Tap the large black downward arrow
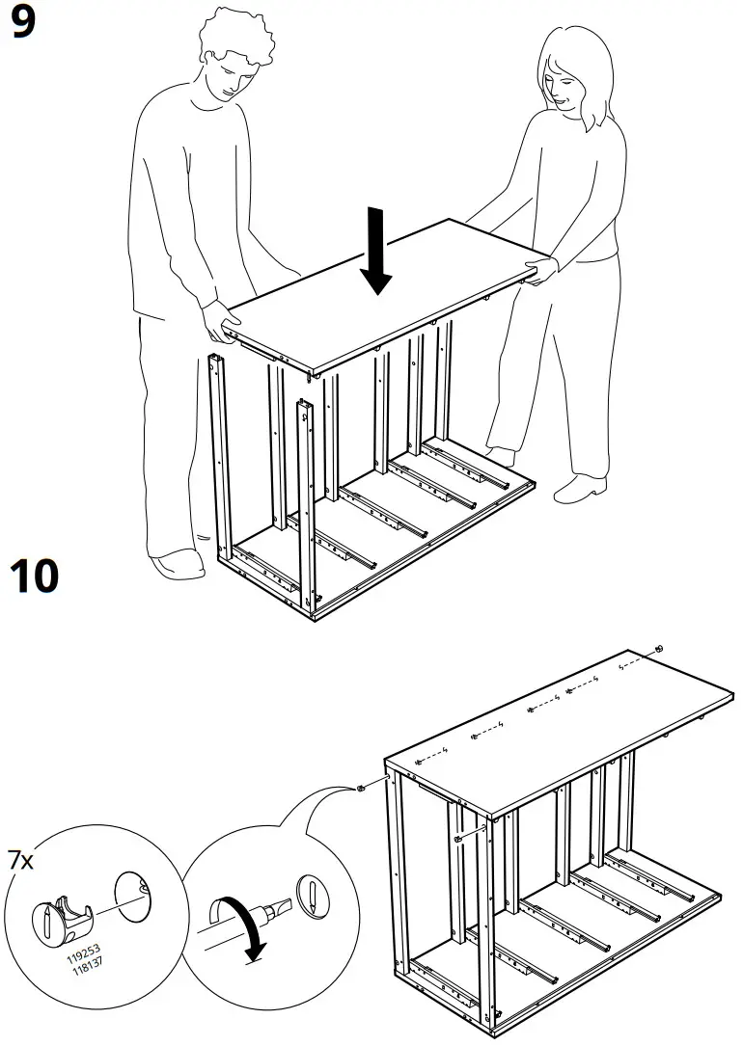click(x=376, y=254)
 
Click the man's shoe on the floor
click(x=178, y=563)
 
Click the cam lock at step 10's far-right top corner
click(x=657, y=647)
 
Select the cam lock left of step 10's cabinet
click(x=360, y=788)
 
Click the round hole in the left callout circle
click(x=136, y=892)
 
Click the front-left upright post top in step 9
click(x=214, y=362)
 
